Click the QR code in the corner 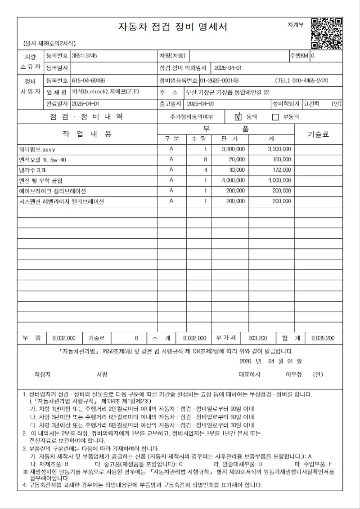pyautogui.click(x=327, y=33)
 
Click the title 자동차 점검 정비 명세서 pyautogui.click(x=173, y=27)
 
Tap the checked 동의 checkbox pyautogui.click(x=238, y=117)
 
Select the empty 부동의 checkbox pyautogui.click(x=275, y=117)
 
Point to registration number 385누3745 pyautogui.click(x=84, y=56)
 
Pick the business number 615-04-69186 pyautogui.click(x=89, y=80)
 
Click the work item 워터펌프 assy pyautogui.click(x=37, y=149)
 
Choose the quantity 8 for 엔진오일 pyautogui.click(x=206, y=160)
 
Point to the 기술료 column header pyautogui.click(x=318, y=134)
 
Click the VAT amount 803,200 pyautogui.click(x=257, y=338)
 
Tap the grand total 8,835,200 pyautogui.click(x=323, y=338)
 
